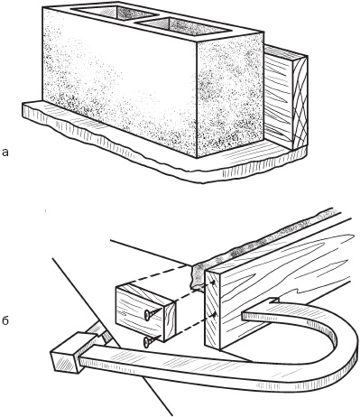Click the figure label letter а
point(5,153)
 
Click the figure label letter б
point(5,320)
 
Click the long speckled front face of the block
point(120,83)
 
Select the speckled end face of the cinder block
point(230,95)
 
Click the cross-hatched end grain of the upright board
point(300,102)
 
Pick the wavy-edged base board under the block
point(165,151)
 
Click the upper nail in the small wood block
point(151,314)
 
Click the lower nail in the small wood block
point(151,340)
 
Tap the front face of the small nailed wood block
point(140,313)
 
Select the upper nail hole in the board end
point(213,283)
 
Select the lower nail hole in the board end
point(213,315)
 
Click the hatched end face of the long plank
point(213,310)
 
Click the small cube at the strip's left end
point(65,353)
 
